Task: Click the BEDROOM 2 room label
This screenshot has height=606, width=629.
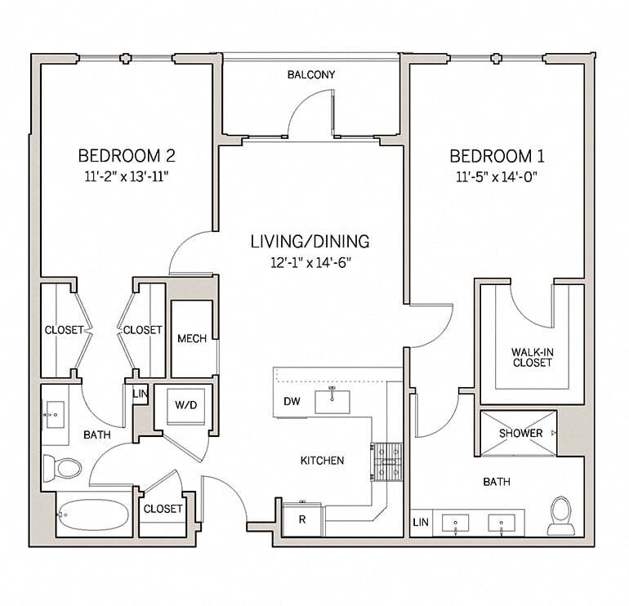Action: click(x=127, y=155)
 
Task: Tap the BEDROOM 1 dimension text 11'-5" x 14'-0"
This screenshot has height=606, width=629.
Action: click(x=497, y=176)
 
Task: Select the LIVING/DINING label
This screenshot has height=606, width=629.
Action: click(x=310, y=242)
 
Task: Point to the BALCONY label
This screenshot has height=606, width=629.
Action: click(x=310, y=75)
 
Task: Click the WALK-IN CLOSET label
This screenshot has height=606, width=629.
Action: click(x=532, y=357)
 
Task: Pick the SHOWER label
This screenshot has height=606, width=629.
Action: click(x=520, y=433)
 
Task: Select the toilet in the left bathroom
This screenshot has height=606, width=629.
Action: click(x=63, y=467)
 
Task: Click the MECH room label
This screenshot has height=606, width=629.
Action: click(x=192, y=339)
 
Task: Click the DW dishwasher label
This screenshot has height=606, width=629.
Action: click(x=292, y=402)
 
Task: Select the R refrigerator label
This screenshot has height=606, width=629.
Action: click(x=301, y=519)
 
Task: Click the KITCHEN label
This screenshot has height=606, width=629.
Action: click(x=322, y=461)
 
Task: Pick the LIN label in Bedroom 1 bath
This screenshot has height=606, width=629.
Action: click(x=421, y=521)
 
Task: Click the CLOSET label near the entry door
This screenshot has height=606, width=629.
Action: click(x=163, y=509)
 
